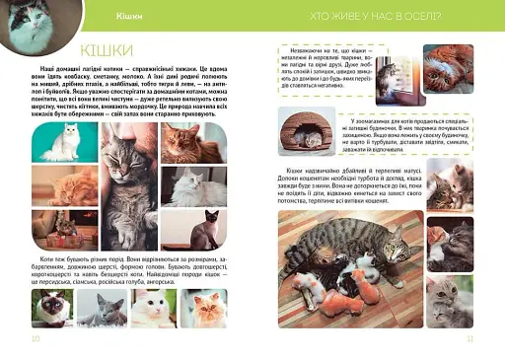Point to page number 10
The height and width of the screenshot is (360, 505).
coord(36,338)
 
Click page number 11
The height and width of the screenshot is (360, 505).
coord(470,338)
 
